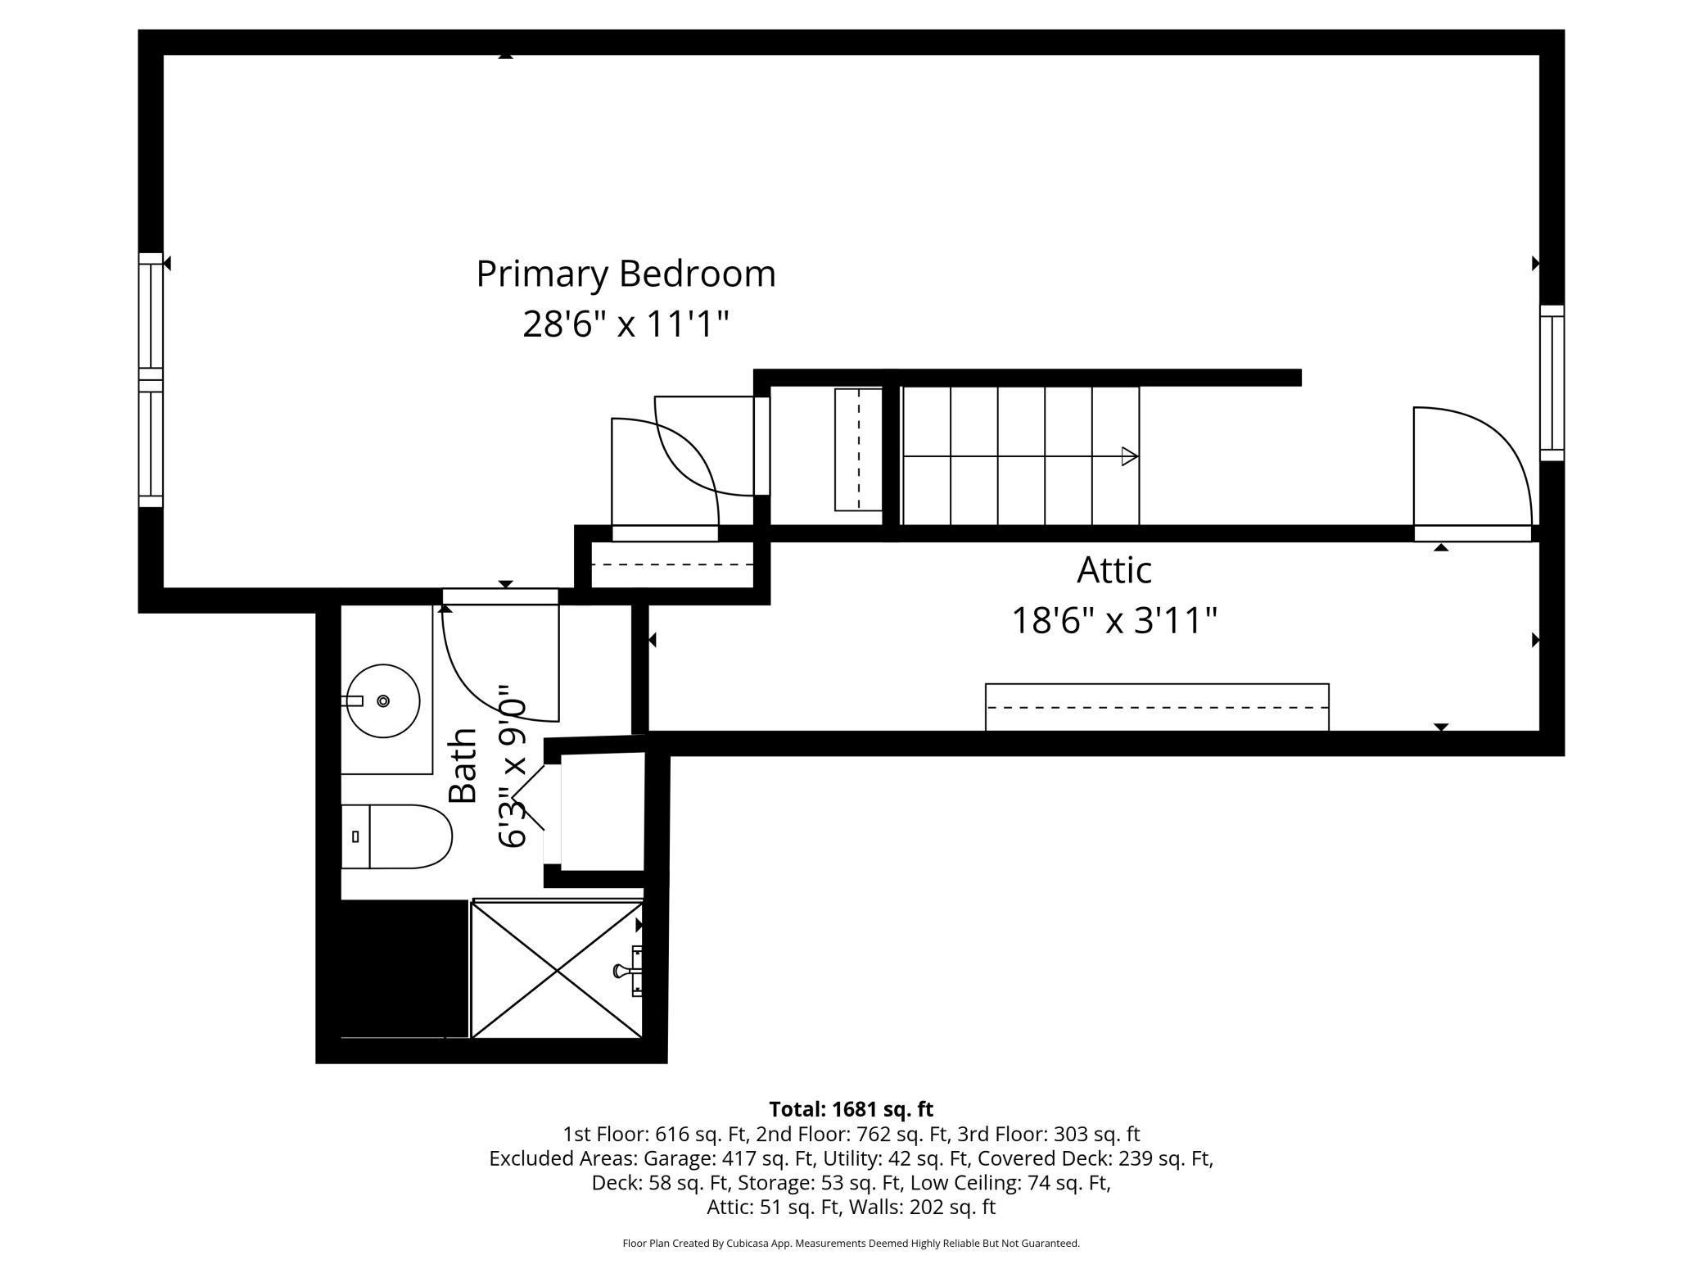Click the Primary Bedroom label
pyautogui.click(x=626, y=274)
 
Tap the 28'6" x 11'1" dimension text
pyautogui.click(x=626, y=324)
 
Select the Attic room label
pyautogui.click(x=1113, y=569)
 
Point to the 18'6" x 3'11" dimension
pyautogui.click(x=1114, y=620)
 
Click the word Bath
pyautogui.click(x=463, y=765)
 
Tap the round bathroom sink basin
pyautogui.click(x=383, y=700)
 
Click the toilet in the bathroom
pyautogui.click(x=397, y=836)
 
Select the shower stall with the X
pyautogui.click(x=557, y=970)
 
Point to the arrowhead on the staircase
pyautogui.click(x=1130, y=456)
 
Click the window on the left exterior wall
pyautogui.click(x=151, y=380)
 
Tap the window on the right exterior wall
pyautogui.click(x=1552, y=383)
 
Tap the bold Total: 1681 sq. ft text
pyautogui.click(x=851, y=1109)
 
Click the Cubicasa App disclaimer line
pyautogui.click(x=851, y=1244)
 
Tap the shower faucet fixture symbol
pyautogui.click(x=627, y=971)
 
